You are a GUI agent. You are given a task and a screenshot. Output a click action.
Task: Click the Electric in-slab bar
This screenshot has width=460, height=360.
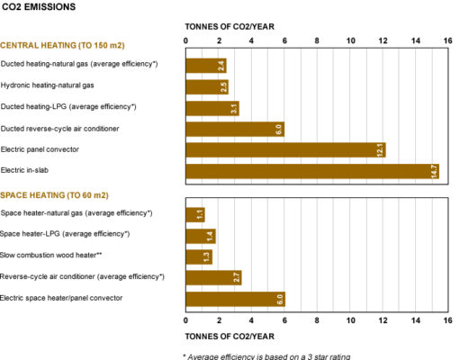tap(312, 171)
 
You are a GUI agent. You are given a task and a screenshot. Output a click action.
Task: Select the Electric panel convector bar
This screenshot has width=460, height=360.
tap(285, 150)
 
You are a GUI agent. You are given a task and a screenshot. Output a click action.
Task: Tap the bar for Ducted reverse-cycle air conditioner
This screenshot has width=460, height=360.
tap(235, 130)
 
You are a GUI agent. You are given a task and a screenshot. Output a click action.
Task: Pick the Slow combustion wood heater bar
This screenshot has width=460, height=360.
tap(199, 257)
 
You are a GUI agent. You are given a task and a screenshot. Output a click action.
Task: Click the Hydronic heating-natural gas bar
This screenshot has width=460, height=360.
tap(207, 87)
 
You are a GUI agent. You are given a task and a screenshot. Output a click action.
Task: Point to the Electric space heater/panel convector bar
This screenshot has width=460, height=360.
tap(236, 299)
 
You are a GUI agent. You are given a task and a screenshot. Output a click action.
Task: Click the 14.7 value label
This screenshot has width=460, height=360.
tap(434, 172)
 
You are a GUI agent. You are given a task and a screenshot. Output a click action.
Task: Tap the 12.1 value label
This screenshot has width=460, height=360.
tap(380, 150)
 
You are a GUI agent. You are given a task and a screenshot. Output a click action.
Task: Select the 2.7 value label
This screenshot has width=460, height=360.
tap(237, 277)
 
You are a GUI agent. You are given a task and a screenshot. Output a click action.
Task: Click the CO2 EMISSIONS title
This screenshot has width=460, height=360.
tap(39, 7)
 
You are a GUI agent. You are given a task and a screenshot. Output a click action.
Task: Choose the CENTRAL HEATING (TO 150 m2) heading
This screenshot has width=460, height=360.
tap(62, 46)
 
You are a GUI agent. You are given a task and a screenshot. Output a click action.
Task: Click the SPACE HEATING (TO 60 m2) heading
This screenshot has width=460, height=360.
tap(54, 195)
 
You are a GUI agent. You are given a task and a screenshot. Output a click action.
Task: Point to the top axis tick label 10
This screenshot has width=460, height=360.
tap(350, 40)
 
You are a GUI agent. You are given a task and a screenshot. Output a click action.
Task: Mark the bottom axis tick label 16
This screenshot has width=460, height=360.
tap(447, 320)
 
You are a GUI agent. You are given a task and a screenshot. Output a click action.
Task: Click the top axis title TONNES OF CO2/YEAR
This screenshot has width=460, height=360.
tap(230, 27)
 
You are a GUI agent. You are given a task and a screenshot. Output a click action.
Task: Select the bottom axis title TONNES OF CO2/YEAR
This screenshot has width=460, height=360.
tap(230, 337)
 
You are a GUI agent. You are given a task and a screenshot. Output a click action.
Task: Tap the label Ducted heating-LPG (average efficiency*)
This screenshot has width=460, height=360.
tap(68, 107)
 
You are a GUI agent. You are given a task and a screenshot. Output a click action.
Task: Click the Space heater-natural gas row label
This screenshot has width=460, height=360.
tap(77, 213)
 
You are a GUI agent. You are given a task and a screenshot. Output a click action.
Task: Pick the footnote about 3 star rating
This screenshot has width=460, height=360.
tap(266, 356)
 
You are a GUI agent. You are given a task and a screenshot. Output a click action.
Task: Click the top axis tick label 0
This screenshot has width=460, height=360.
tap(185, 40)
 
